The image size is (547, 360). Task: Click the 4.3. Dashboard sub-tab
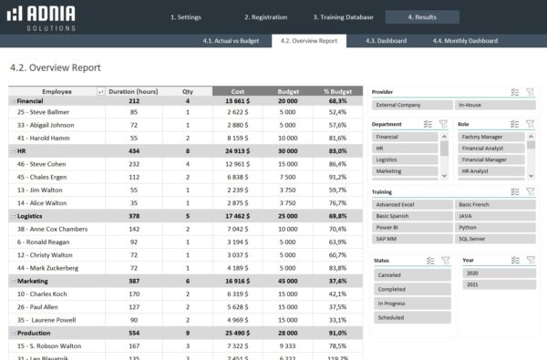(386, 41)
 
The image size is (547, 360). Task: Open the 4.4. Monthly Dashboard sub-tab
(465, 41)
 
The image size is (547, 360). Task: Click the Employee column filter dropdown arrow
(99, 91)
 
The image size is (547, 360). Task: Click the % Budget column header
(338, 91)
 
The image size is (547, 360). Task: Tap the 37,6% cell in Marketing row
(337, 283)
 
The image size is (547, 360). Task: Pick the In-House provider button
(492, 106)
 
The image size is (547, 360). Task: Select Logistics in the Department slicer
(403, 159)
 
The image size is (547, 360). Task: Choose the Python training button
(492, 226)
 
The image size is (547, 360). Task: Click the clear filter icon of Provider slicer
(530, 91)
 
